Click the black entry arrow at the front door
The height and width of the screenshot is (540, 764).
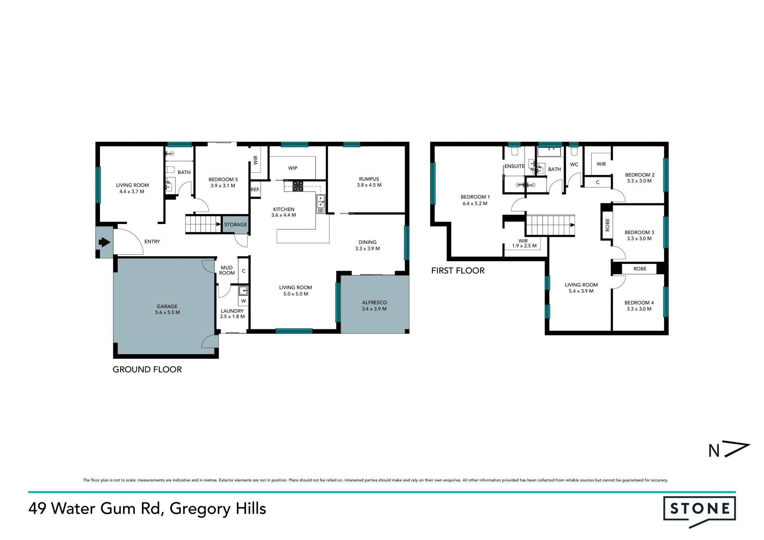point(104,242)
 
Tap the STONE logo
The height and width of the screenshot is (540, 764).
point(700,512)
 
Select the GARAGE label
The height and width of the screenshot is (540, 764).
point(167,306)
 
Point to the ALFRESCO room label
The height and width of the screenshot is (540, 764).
point(374,302)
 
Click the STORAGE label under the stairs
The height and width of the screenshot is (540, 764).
point(236,225)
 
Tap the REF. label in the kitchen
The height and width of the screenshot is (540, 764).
point(255,190)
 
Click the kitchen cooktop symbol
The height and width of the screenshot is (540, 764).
point(298,186)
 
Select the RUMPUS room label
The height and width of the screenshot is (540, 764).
point(369,179)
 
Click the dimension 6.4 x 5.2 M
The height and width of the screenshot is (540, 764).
point(475,203)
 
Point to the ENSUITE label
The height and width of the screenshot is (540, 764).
point(515,166)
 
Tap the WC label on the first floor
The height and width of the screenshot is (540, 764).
point(574,164)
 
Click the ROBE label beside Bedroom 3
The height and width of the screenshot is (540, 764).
point(607,225)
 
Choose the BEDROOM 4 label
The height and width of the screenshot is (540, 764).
point(639,303)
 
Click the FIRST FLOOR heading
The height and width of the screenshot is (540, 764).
point(458,271)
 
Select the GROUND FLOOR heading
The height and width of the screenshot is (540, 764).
point(147,370)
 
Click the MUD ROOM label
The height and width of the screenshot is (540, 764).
point(227,270)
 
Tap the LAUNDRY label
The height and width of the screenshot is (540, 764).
point(232,311)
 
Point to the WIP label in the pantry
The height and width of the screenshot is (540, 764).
point(293,168)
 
